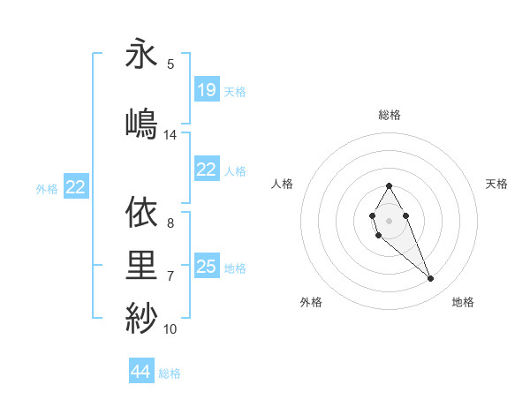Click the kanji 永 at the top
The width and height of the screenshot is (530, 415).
141,54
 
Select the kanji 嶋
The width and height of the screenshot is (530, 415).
141,121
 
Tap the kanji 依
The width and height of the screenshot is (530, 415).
141,213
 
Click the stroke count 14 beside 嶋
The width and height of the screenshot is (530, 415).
170,135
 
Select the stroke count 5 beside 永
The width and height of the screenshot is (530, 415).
170,64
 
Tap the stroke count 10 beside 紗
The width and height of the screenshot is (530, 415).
170,329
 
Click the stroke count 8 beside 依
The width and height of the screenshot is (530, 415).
170,223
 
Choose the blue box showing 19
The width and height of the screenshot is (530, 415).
206,89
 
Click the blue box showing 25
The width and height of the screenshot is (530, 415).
206,267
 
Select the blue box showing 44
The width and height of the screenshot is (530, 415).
141,372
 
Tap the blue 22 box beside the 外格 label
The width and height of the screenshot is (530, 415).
76,186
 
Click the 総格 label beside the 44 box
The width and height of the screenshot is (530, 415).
170,373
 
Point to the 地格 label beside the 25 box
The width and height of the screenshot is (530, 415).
235,268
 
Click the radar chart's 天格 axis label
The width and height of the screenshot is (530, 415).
496,184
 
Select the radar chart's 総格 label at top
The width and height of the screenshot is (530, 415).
390,115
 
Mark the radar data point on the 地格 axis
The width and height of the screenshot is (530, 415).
430,279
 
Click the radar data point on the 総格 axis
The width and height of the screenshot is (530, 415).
390,185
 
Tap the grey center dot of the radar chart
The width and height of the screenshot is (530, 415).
390,220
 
